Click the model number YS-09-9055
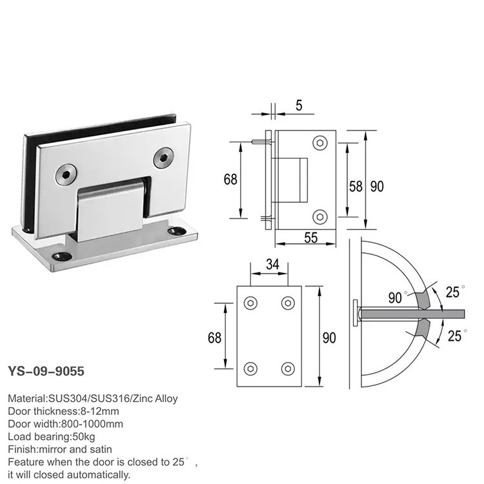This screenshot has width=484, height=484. click(46, 372)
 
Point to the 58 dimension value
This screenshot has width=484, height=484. click(356, 187)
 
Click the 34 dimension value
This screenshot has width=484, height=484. click(272, 263)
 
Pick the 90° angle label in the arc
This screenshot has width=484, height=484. click(394, 297)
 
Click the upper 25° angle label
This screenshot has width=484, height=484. click(452, 292)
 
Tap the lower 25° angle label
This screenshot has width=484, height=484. click(454, 335)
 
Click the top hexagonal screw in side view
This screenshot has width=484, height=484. click(321, 143)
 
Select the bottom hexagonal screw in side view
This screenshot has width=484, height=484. click(321, 216)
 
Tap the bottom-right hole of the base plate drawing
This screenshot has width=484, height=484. click(287, 368)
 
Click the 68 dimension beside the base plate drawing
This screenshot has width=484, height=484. click(215, 338)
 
